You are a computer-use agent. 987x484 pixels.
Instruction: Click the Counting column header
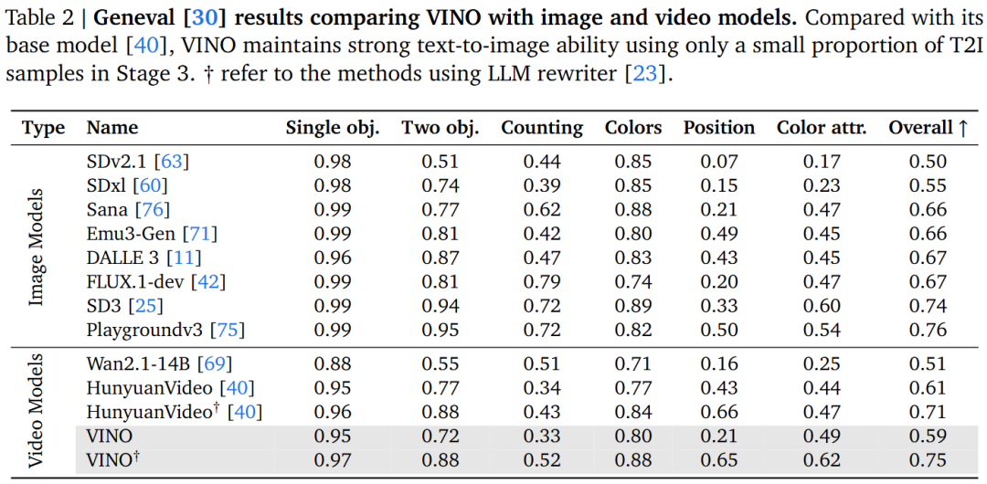(541, 128)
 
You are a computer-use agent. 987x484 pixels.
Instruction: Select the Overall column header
(928, 128)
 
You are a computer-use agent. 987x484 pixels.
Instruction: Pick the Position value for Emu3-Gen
(718, 234)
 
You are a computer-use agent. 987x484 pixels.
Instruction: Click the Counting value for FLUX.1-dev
(541, 281)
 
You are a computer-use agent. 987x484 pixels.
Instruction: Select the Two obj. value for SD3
(440, 306)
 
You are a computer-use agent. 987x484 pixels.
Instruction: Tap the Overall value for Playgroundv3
(928, 330)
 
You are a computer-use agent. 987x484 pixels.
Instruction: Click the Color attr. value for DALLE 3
(822, 258)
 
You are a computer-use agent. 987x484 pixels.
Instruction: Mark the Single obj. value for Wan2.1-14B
(333, 363)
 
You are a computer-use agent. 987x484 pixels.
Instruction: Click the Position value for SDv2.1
(718, 162)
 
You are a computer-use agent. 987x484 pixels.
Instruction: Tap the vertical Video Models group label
(37, 411)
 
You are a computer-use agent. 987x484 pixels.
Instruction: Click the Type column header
(43, 128)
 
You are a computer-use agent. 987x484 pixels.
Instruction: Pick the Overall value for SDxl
(928, 185)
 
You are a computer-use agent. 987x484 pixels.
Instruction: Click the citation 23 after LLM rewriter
(644, 74)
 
